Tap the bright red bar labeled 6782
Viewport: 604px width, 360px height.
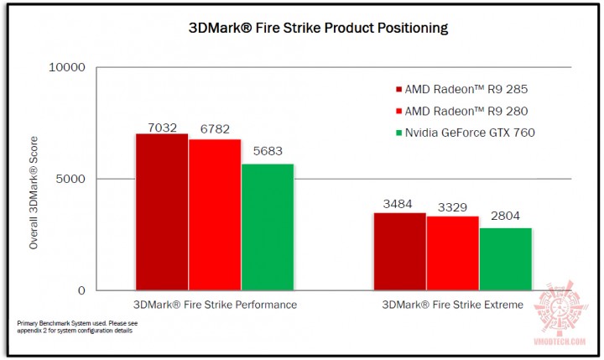tap(215, 215)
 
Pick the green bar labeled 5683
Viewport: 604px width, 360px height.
tap(268, 227)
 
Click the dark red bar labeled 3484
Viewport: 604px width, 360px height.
tap(399, 252)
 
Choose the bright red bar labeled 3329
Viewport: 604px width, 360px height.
tap(452, 253)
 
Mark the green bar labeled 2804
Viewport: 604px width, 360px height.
tap(505, 259)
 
